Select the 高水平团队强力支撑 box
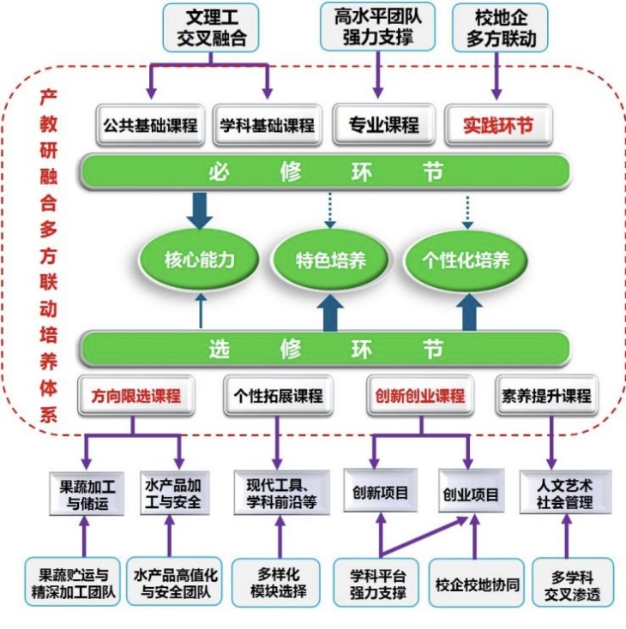coord(377,27)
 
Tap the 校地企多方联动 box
coord(500,27)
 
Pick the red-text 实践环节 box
coord(498,125)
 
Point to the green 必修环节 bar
coord(326,171)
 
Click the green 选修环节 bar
coord(326,349)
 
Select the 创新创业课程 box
coord(420,396)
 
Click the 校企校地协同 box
coord(477,585)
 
